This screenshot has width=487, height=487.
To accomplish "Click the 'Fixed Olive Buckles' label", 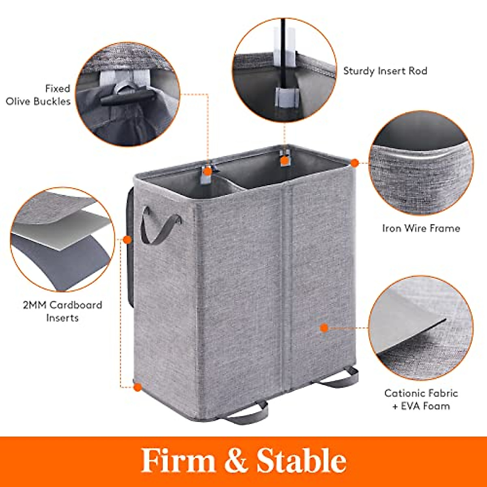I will (x=39, y=95).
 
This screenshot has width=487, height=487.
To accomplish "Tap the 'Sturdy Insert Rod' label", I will (x=385, y=71).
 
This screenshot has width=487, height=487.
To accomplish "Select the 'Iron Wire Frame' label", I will (x=421, y=228).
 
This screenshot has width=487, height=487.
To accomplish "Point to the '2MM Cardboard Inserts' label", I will (x=62, y=311).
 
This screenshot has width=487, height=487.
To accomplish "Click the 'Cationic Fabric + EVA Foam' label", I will (x=421, y=399).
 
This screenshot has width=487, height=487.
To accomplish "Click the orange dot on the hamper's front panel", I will (x=324, y=328).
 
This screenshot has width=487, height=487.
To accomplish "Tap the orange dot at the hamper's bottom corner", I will (x=138, y=387).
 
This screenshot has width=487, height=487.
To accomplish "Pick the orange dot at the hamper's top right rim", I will (x=354, y=163).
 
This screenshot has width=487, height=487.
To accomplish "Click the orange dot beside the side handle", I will (x=127, y=240).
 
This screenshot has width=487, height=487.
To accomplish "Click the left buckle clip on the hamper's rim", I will (x=207, y=172).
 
